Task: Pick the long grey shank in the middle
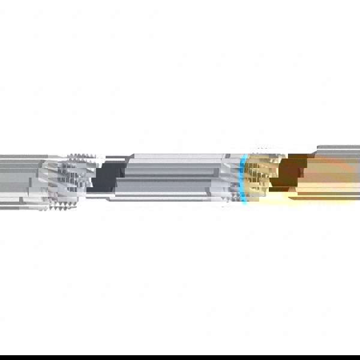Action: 168,178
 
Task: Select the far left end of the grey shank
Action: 2,178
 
